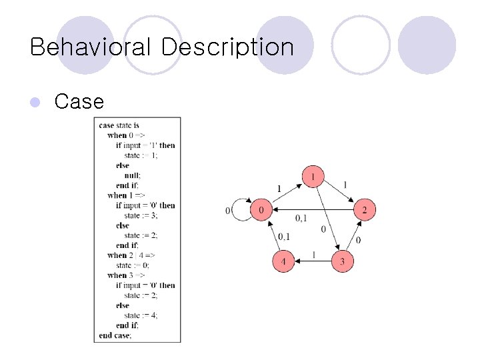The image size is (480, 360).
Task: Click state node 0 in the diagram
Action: (x=261, y=211)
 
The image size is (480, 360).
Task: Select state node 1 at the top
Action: (x=313, y=177)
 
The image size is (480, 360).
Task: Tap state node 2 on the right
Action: (x=364, y=211)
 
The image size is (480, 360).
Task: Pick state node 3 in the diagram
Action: (x=342, y=261)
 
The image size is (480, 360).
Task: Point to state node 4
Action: (x=283, y=261)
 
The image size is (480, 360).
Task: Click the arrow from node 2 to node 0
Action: (x=313, y=211)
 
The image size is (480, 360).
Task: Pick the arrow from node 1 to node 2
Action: (x=339, y=193)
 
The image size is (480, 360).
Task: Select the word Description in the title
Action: (x=227, y=47)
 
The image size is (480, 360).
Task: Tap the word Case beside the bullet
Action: (x=79, y=101)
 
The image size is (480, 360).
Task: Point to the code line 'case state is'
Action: (x=119, y=125)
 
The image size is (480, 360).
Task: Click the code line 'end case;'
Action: (x=115, y=335)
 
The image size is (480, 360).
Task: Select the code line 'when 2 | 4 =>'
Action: (x=131, y=255)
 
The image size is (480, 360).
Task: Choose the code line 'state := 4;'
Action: (x=141, y=315)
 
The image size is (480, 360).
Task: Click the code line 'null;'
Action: (x=132, y=175)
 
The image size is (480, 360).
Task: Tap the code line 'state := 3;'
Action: (x=141, y=215)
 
